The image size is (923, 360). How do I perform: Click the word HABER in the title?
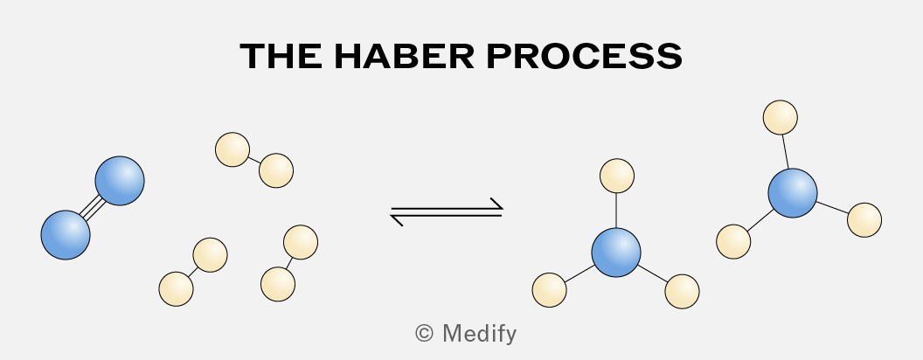click(x=404, y=57)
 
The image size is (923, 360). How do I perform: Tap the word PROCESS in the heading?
click(x=585, y=57)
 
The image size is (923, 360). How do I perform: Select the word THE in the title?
click(x=281, y=57)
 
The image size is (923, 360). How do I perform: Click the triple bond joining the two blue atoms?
click(x=93, y=208)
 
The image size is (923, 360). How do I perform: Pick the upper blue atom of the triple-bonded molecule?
click(x=120, y=181)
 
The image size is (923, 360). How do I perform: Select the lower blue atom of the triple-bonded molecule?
click(x=66, y=235)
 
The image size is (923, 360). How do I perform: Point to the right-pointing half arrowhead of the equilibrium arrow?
click(x=496, y=204)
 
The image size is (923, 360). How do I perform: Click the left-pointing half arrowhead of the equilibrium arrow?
click(x=398, y=220)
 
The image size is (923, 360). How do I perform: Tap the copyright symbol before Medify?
click(x=425, y=334)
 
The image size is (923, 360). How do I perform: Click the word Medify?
click(x=479, y=334)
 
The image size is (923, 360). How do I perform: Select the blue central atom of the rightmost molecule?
click(x=792, y=193)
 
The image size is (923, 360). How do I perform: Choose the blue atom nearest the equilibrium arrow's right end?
click(x=615, y=253)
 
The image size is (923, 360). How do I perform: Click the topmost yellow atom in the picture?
click(x=780, y=117)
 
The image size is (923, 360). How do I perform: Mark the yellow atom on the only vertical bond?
click(x=617, y=176)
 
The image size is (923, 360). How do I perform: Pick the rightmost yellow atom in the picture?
click(x=864, y=220)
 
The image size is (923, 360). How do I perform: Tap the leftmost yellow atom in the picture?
click(x=176, y=289)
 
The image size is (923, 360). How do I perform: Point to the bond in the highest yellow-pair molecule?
click(x=254, y=160)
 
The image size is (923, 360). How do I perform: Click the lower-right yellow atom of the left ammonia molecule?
click(x=683, y=291)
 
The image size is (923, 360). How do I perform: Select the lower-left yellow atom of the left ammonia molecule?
click(x=549, y=290)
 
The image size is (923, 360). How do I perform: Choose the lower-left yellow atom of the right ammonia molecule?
click(x=733, y=241)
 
